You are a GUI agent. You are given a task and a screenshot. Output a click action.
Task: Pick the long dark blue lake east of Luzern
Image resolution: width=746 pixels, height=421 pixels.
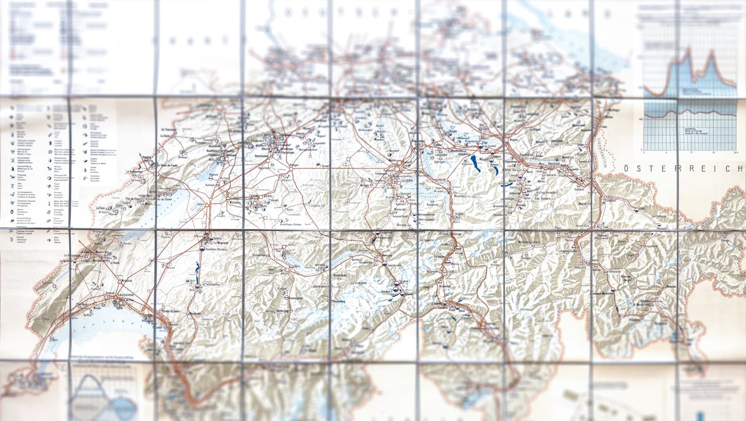pyautogui.click(x=476, y=164)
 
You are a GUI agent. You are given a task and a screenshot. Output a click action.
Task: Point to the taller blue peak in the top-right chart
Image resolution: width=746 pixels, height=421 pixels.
pyautogui.click(x=688, y=56)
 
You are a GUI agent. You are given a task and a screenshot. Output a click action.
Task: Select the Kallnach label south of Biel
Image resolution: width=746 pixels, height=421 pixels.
pyautogui.click(x=227, y=185)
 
